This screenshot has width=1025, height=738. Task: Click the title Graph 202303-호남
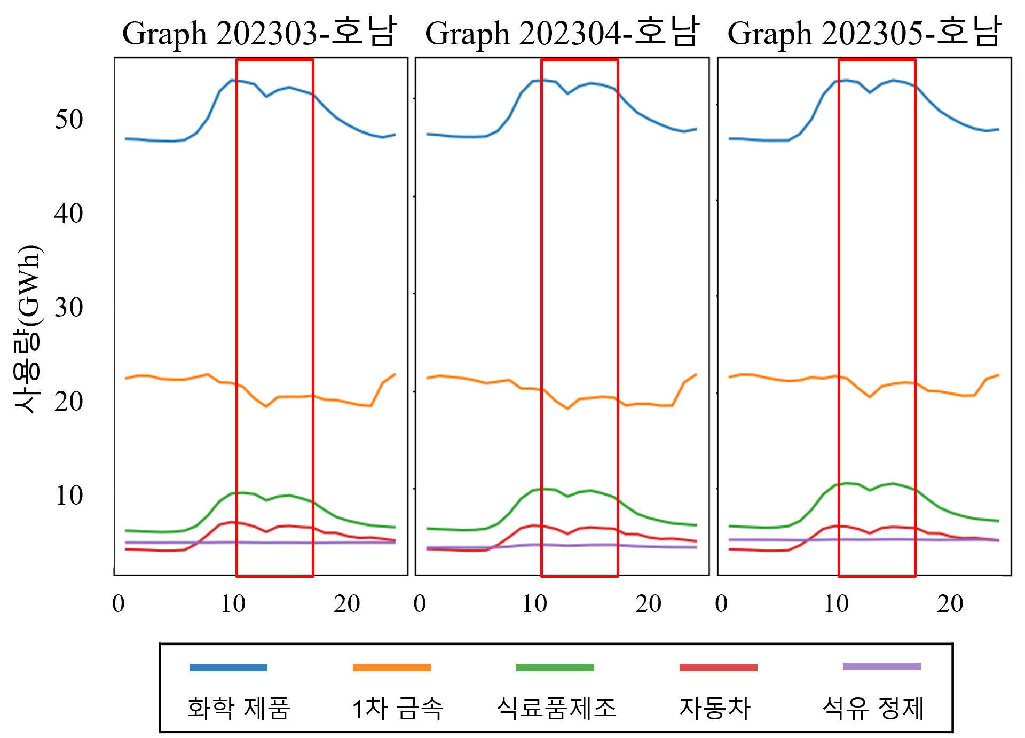click(x=259, y=33)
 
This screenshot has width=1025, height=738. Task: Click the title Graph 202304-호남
click(x=562, y=33)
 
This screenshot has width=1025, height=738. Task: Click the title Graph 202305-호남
click(x=864, y=33)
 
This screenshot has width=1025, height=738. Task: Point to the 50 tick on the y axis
click(x=69, y=119)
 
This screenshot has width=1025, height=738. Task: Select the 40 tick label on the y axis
click(x=69, y=213)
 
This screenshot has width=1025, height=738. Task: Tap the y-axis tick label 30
click(x=69, y=307)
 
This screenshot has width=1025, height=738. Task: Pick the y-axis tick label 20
click(x=69, y=401)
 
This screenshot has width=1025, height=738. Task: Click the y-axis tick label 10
click(x=69, y=495)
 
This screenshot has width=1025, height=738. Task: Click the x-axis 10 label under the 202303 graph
click(x=233, y=604)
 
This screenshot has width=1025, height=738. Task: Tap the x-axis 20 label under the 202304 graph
click(x=649, y=604)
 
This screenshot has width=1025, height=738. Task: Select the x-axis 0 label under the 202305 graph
click(x=721, y=604)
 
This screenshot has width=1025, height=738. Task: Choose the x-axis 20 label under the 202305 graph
click(x=950, y=604)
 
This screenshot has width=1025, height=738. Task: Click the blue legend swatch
click(x=228, y=668)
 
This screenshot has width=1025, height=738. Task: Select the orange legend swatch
click(x=392, y=668)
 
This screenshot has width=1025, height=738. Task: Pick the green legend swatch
click(x=555, y=668)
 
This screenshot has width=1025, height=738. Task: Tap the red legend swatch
click(x=719, y=668)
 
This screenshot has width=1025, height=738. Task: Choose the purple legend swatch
click(x=882, y=666)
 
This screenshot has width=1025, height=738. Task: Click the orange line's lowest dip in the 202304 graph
click(x=567, y=409)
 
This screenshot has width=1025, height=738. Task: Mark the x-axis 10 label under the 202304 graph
click(x=535, y=604)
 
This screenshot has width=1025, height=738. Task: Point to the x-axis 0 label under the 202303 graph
click(x=119, y=604)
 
